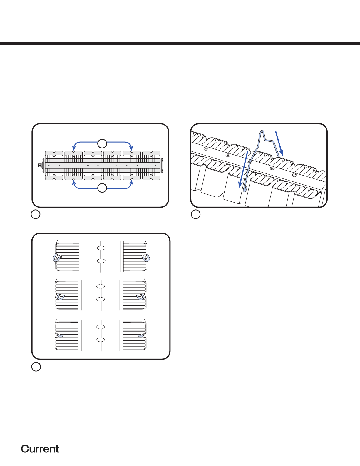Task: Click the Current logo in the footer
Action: (40, 449)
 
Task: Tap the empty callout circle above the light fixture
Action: (102, 143)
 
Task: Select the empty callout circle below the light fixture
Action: (102, 188)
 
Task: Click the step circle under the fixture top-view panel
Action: (36, 214)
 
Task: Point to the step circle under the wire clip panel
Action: (196, 214)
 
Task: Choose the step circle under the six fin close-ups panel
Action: (36, 367)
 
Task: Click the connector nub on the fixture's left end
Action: (39, 165)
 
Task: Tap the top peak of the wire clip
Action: (262, 131)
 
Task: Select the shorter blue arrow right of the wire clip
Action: (279, 143)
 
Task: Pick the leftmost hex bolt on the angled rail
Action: (206, 148)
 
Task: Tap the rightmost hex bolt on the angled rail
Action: (294, 175)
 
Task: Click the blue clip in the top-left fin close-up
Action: (56, 258)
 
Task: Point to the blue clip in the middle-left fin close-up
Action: (60, 297)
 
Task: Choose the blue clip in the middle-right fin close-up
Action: (140, 297)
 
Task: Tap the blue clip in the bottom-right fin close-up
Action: (140, 335)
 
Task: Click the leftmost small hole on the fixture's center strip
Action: (49, 165)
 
